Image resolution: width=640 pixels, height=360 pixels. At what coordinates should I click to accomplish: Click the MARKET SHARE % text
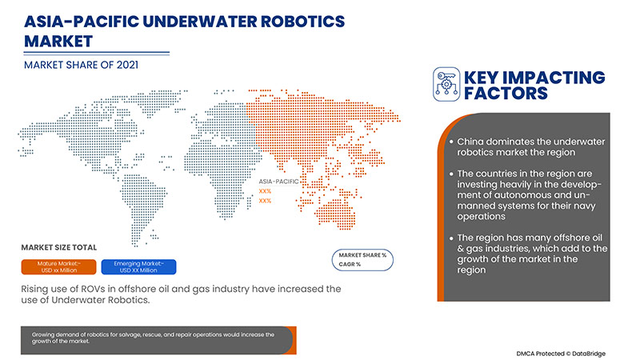tap(362, 254)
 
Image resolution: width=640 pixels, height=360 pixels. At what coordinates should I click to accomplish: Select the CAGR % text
tap(349, 263)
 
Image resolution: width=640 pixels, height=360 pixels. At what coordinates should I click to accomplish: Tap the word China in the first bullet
tap(472, 142)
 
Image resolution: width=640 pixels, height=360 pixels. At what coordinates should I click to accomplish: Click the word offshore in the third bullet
tap(571, 238)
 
